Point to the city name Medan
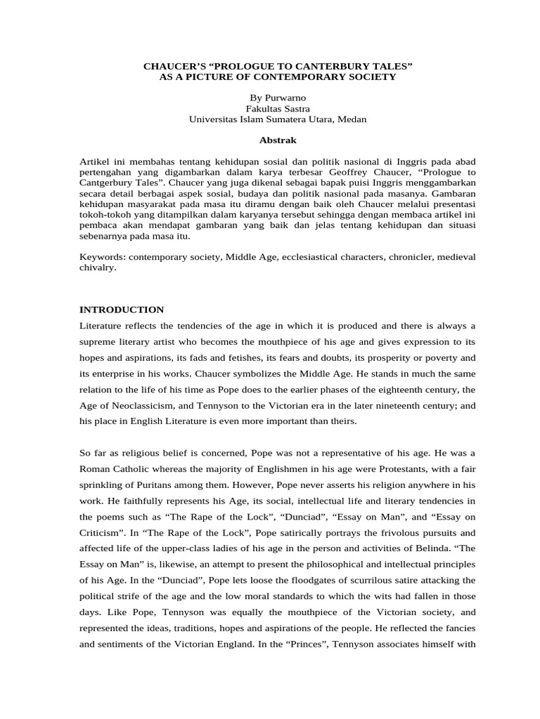tap(352, 119)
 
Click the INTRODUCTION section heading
tap(122, 309)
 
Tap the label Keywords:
tap(103, 257)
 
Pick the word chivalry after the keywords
tap(98, 268)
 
